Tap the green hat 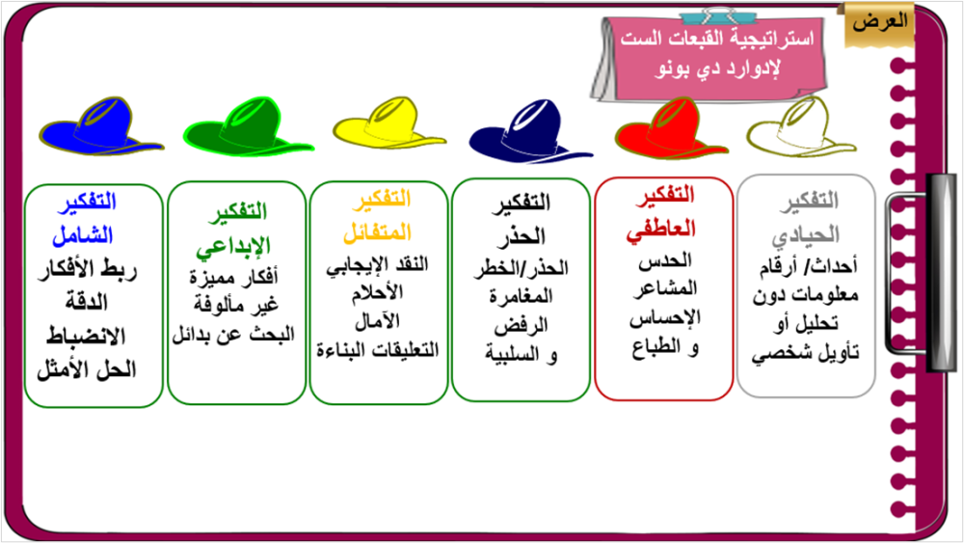[248, 127]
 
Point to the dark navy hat [530, 130]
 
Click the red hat [671, 129]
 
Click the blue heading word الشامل [83, 235]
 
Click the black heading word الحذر [522, 236]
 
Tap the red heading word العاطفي [661, 230]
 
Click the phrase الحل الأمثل [87, 370]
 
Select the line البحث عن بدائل [233, 335]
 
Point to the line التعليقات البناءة [378, 350]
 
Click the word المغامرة [522, 296]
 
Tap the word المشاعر [665, 288]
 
